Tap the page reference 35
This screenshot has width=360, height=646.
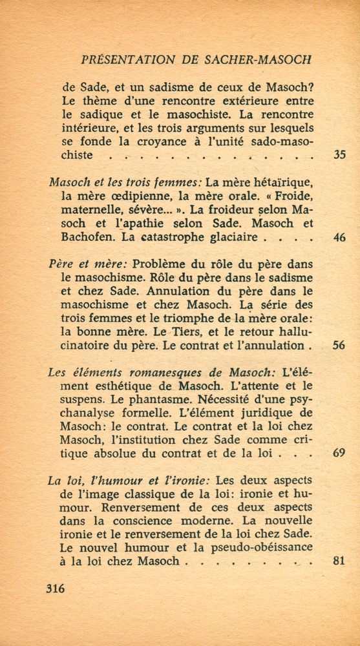[x=339, y=155]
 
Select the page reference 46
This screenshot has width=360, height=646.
[x=339, y=238]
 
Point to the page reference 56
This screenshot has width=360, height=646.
[x=339, y=345]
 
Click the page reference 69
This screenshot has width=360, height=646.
[x=339, y=453]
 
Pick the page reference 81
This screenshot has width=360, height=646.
[x=339, y=561]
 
